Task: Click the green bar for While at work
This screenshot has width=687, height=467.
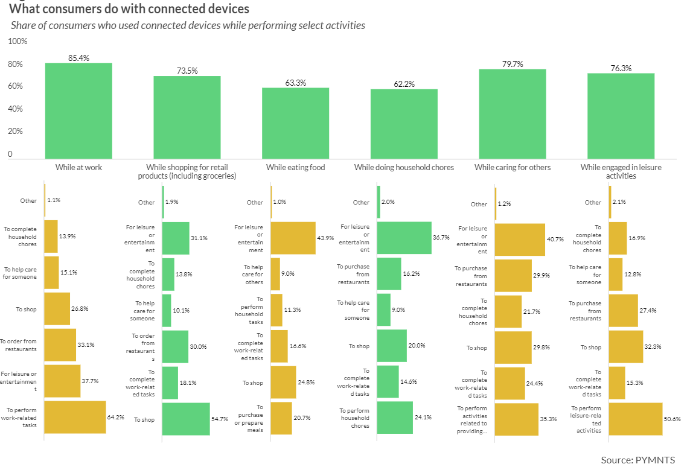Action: coord(78,110)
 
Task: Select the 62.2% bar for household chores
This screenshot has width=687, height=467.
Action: coord(404,124)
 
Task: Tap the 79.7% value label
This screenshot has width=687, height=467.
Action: coord(513,64)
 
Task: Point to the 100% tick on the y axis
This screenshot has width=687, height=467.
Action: coord(18,41)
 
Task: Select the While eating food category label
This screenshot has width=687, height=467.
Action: coord(295,167)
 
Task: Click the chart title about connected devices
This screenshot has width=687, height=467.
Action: coord(129,10)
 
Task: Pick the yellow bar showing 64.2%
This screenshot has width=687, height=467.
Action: coord(75,417)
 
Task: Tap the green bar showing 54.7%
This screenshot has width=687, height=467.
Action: coord(186,419)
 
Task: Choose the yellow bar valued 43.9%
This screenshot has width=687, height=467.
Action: coord(293,238)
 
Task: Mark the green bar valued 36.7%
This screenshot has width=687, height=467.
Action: coord(404,238)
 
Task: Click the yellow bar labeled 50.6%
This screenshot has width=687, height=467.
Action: coord(636,419)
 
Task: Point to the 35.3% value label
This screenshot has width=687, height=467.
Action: coord(549,419)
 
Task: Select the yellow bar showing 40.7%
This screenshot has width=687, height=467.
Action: coord(520,239)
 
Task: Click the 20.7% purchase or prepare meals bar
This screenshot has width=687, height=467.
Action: coord(281,418)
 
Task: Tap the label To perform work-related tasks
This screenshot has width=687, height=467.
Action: coord(21,417)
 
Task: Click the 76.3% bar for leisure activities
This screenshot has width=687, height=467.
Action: coord(621,115)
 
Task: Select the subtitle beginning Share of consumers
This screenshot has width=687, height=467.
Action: coord(188,26)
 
